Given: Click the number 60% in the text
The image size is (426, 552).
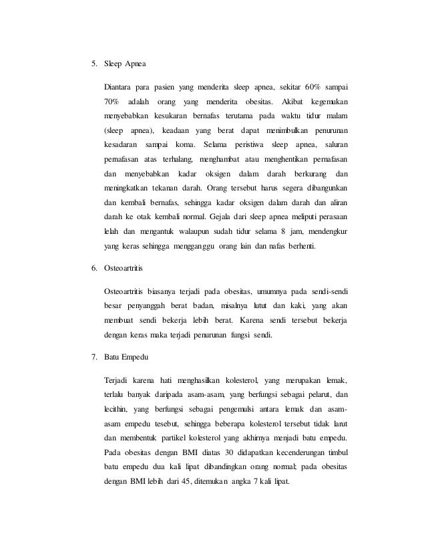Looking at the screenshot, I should point(311,87).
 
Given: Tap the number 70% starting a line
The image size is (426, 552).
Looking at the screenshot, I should point(112,102).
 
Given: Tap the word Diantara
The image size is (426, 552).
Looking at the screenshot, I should point(119,87).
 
